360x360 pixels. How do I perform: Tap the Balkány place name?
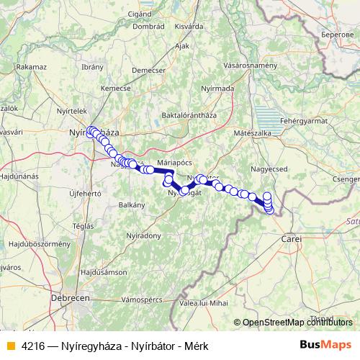point(132,204)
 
